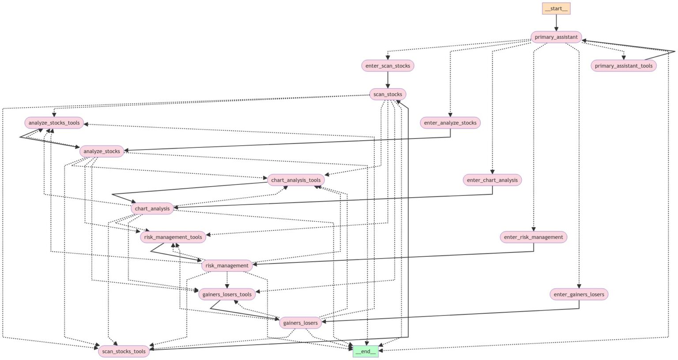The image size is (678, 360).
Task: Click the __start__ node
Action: pos(556,8)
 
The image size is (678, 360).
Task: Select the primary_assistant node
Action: pos(556,37)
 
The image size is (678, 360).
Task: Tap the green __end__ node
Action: pos(365,351)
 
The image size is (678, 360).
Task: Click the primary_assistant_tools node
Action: pos(623,66)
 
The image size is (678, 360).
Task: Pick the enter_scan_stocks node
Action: pos(388,66)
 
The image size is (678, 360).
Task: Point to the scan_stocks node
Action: pos(388,94)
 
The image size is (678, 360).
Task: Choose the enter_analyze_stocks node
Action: pos(450,123)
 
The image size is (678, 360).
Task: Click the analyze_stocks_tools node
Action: pos(54,123)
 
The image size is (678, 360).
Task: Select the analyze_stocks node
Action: pos(102,151)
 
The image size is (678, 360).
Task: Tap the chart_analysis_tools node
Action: pos(296,180)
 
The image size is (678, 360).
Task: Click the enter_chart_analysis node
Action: pos(492,180)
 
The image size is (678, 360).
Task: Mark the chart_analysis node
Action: pos(152,209)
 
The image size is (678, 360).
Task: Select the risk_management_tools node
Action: pos(173,237)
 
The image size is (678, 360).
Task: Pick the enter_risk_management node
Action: pos(533,237)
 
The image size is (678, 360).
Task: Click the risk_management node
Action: pos(227,266)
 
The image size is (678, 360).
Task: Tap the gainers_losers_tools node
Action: pos(227,294)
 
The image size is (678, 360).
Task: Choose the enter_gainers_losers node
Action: pos(579,294)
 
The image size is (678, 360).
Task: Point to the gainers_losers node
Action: pos(300,323)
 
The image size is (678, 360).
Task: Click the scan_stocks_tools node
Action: pos(124,351)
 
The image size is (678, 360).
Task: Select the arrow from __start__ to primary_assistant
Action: pos(556,22)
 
